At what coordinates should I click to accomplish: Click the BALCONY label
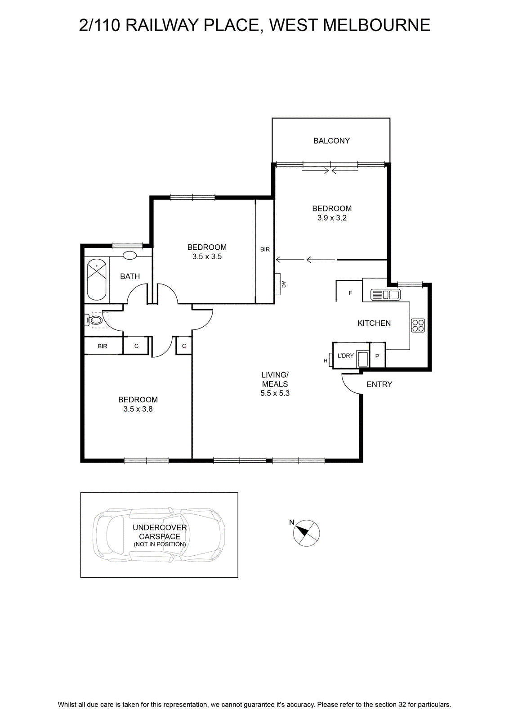click(x=331, y=141)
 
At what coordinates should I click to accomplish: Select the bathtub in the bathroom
click(x=97, y=280)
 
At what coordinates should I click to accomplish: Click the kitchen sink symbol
click(x=385, y=294)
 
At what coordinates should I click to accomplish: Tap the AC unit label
click(x=284, y=284)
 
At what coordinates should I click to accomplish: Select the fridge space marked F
click(x=350, y=293)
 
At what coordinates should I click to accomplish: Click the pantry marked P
click(x=377, y=356)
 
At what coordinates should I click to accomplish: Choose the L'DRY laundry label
click(x=345, y=355)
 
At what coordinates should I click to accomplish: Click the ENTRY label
click(x=379, y=384)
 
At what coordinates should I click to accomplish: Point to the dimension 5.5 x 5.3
click(x=275, y=393)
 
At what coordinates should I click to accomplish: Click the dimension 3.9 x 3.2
click(x=332, y=218)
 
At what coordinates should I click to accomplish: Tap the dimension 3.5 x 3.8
click(x=138, y=409)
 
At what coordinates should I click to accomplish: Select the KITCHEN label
click(x=374, y=323)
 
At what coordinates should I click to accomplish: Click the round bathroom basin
click(x=130, y=256)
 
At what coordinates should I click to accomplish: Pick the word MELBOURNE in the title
click(x=376, y=25)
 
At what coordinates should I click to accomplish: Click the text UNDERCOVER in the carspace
click(x=160, y=527)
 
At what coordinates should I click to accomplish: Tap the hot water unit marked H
click(x=326, y=360)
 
